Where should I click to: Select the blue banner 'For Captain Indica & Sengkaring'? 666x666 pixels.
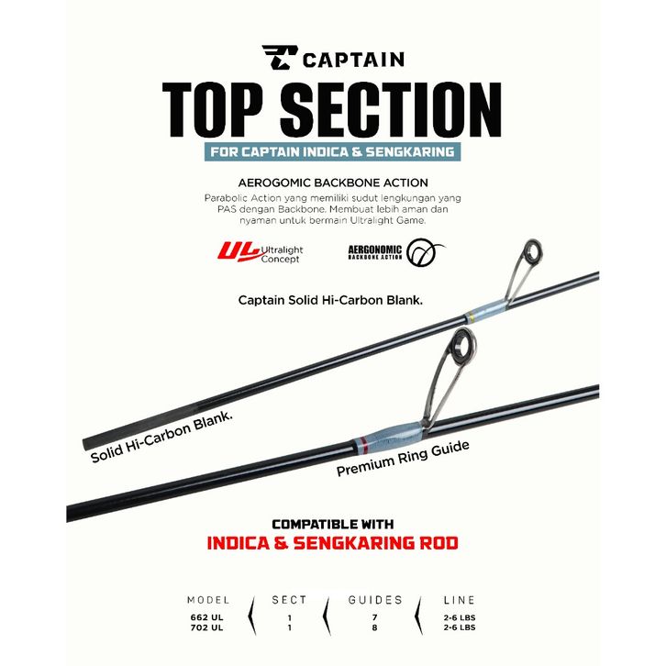(332, 151)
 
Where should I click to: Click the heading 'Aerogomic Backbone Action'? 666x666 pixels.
(332, 183)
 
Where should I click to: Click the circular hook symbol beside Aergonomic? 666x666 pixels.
(426, 251)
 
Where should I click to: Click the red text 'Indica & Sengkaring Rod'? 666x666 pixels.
(332, 544)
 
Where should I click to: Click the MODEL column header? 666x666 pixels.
(207, 600)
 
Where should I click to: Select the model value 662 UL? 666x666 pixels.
(207, 617)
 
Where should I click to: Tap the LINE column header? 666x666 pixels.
(459, 600)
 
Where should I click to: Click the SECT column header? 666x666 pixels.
(289, 600)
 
